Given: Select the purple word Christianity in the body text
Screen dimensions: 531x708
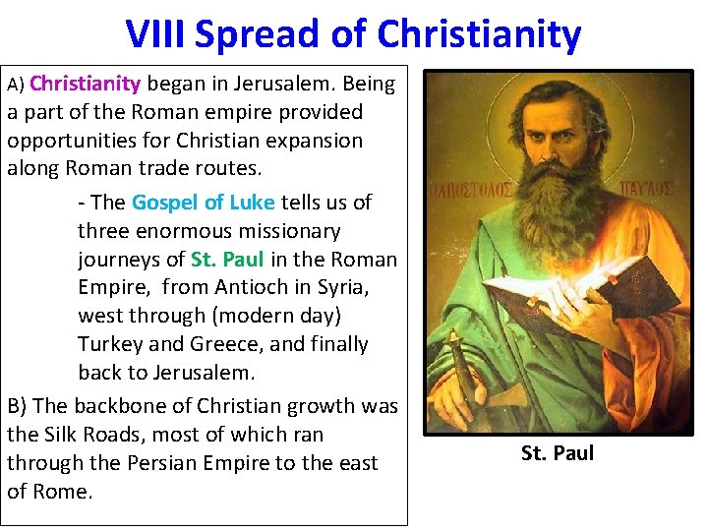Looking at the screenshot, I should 86,84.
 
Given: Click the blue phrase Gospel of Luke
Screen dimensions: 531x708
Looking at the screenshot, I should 204,203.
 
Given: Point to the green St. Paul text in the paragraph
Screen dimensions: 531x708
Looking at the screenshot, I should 227,260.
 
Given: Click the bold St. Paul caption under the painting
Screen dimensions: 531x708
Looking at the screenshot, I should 558,453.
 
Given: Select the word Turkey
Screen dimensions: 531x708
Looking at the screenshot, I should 111,344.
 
